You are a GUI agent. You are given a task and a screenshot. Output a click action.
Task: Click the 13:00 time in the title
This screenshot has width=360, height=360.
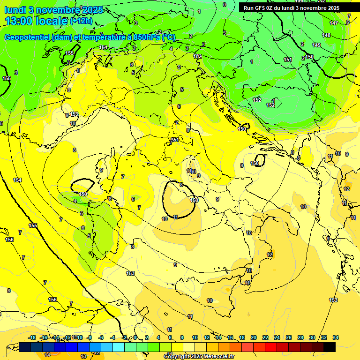click(x=18, y=21)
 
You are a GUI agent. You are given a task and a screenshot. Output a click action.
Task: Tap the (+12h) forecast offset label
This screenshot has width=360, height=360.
click(x=82, y=21)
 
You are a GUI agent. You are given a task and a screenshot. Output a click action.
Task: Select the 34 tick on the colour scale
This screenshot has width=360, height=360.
click(x=336, y=337)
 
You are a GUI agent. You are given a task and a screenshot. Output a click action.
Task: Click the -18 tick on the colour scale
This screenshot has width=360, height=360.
click(x=32, y=337)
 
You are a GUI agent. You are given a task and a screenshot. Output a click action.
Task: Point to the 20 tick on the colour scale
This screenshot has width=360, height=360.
click(x=254, y=337)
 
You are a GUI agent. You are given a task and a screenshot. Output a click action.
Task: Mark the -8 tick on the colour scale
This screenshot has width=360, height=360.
click(x=89, y=337)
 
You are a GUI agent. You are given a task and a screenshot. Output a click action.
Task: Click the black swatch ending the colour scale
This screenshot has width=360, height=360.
click(x=330, y=347)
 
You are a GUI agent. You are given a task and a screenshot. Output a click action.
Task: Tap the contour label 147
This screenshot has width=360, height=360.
click(x=333, y=23)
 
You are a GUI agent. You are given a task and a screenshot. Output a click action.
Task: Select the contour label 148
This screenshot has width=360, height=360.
click(x=326, y=35)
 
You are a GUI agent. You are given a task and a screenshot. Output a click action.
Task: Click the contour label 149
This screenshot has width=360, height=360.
click(x=316, y=45)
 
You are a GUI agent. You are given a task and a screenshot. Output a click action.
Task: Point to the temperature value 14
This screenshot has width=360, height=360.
click(x=47, y=355)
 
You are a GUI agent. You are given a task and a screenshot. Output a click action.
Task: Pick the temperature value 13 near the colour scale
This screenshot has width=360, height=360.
click(x=83, y=357)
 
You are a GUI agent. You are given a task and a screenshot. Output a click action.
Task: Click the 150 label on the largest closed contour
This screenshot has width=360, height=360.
click(x=193, y=200)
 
